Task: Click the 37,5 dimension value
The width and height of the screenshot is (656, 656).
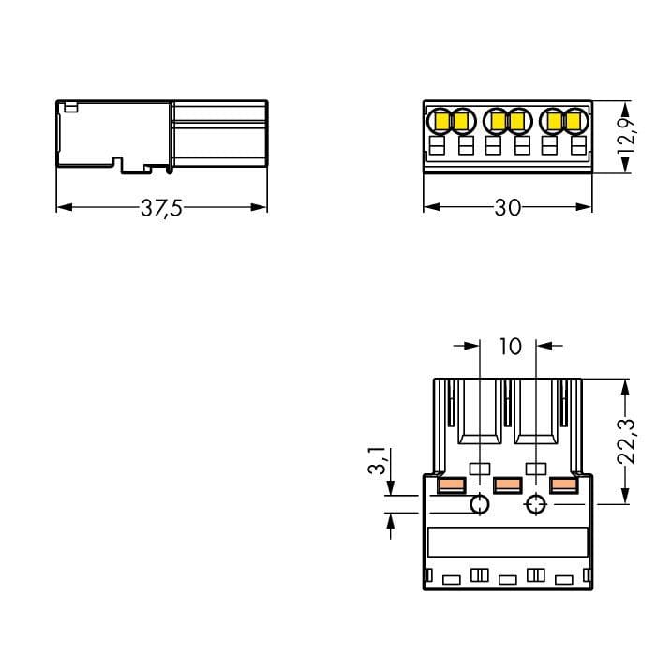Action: [161, 208]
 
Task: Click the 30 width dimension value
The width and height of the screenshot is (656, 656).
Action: [508, 207]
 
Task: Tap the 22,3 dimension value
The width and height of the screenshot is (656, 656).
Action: [626, 441]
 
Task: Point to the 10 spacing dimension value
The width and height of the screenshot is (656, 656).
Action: [511, 347]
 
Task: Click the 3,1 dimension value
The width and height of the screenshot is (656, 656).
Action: [377, 460]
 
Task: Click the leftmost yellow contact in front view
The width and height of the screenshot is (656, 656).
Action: [441, 121]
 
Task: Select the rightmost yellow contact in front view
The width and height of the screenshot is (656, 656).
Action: [574, 121]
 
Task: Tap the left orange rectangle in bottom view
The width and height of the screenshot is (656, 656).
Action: [451, 485]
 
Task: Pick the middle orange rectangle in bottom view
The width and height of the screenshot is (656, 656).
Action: [508, 485]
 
